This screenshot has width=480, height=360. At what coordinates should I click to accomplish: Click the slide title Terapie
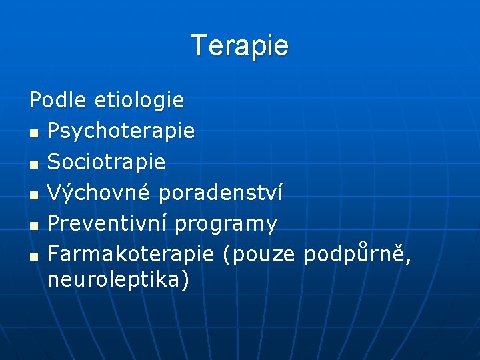[240, 46]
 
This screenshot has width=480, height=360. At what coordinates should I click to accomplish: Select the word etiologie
[139, 101]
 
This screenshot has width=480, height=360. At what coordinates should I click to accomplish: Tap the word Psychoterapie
[121, 131]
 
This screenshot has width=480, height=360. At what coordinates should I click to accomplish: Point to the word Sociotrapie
[107, 162]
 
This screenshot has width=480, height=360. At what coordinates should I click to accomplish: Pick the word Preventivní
[107, 223]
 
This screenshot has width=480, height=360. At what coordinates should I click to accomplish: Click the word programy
[226, 225]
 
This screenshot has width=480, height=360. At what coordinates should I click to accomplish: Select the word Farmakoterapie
[131, 254]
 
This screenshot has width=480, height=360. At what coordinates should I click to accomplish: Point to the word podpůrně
[357, 254]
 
